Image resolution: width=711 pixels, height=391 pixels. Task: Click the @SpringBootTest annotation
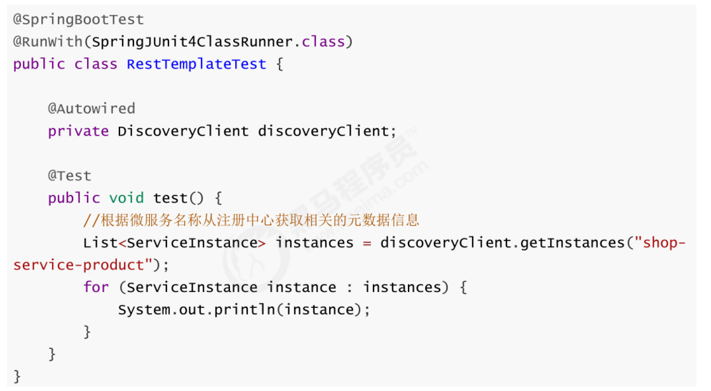(x=78, y=20)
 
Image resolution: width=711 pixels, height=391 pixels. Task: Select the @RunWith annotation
(x=48, y=42)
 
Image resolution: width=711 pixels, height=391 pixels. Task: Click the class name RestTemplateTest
(x=196, y=64)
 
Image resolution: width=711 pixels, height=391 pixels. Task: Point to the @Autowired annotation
(x=91, y=109)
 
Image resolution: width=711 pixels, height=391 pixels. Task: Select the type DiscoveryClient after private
(x=183, y=131)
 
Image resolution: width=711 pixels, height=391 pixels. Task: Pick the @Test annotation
(x=69, y=175)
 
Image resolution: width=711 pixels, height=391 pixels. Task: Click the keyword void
(x=126, y=198)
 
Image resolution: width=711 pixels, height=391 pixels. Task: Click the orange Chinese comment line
(x=251, y=220)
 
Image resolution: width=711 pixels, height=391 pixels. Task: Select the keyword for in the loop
(x=96, y=287)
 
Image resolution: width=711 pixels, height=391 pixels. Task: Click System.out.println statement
(x=244, y=310)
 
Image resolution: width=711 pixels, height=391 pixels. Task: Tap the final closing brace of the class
(x=17, y=376)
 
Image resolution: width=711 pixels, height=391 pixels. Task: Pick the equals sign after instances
(x=367, y=242)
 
